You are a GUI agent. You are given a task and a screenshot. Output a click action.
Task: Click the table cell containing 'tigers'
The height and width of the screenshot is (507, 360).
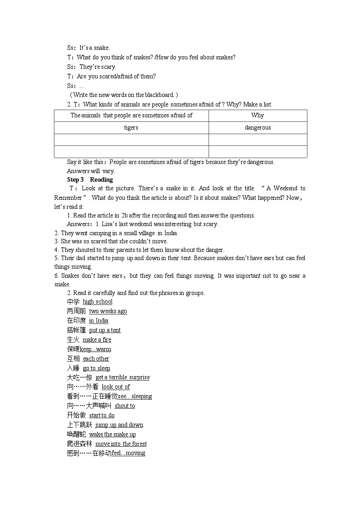coord(131,128)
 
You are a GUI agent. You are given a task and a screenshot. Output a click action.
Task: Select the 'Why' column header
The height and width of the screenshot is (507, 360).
coord(258,116)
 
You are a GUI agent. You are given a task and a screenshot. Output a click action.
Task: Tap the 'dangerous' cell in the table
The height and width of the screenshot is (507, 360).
coord(258,128)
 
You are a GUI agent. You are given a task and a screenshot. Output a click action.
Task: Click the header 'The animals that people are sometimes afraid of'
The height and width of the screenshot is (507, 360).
coord(131,116)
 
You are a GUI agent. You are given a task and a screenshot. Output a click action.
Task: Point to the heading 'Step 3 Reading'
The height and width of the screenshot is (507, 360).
coord(90,180)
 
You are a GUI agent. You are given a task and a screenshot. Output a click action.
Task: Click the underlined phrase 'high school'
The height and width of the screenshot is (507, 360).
coord(97,302)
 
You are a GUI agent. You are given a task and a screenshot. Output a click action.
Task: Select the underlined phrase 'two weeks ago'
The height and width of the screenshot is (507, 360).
coord(108,311)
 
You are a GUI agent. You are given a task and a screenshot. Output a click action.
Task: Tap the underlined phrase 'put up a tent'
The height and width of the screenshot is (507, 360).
coord(105,330)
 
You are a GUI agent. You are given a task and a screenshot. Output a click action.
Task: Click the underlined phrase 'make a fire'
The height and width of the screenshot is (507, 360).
coord(97,340)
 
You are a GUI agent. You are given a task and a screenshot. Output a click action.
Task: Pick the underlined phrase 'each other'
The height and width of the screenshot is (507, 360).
coord(96,359)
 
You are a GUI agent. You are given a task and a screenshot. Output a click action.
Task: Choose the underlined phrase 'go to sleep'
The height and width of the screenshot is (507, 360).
coord(96,368)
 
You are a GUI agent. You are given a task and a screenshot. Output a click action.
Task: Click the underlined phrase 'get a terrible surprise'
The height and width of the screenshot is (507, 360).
coord(122,377)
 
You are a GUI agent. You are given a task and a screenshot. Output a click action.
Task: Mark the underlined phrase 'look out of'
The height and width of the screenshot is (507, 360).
coord(116,387)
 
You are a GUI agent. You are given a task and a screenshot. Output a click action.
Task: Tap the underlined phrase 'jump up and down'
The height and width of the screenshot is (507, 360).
coord(119,425)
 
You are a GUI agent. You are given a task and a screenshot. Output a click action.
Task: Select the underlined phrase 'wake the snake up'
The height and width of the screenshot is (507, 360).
coord(112,435)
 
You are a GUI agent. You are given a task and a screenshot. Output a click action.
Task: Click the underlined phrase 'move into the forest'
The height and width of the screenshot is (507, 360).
coord(121,444)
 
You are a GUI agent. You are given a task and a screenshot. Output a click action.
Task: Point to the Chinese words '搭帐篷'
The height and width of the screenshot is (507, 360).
coord(76,330)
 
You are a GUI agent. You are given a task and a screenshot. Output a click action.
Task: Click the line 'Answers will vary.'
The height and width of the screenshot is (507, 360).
coord(91,171)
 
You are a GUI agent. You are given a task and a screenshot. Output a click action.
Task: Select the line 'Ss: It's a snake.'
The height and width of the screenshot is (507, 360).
coord(88,48)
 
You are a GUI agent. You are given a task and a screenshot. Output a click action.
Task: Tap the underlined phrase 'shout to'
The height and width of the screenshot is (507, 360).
coord(125,406)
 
